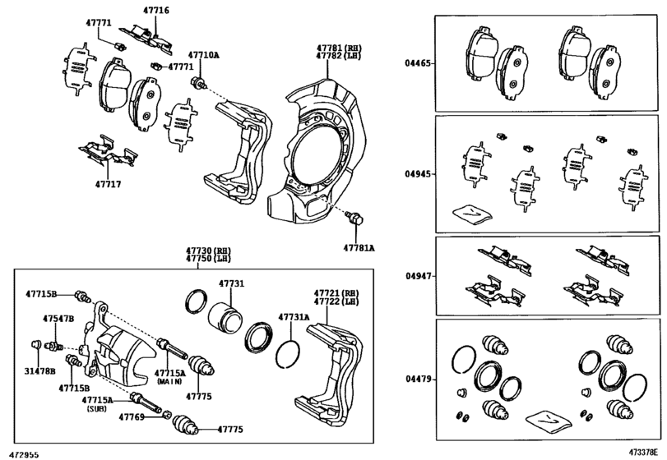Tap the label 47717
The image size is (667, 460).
tap(107, 184)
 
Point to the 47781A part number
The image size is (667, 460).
tap(359, 246)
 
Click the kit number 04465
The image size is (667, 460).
tap(418, 62)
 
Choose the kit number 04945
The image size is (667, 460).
tap(418, 174)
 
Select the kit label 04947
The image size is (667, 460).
tap(418, 278)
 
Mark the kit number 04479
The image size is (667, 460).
tap(418, 380)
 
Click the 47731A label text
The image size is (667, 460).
tap(293, 316)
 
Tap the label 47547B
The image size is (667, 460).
tap(58, 317)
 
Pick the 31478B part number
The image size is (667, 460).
tap(39, 371)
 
